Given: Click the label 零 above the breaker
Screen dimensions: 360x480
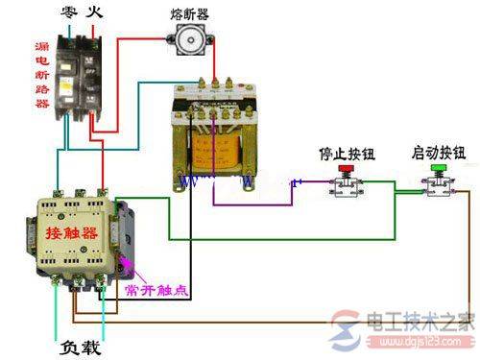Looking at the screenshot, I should point(67,13).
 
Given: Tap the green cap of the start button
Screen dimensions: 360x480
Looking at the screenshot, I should point(438,169).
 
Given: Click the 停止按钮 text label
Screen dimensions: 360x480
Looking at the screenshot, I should point(343,153).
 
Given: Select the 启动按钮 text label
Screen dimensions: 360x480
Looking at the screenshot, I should point(439,153).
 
